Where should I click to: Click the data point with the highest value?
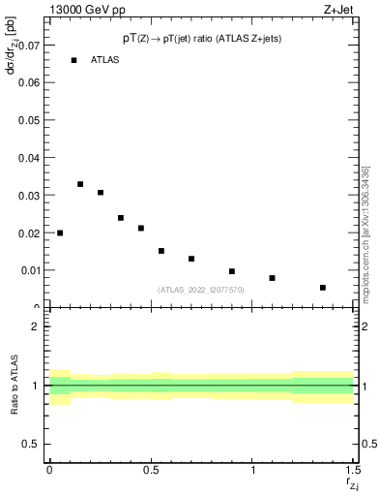pyautogui.click(x=80, y=184)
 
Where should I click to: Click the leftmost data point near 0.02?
pyautogui.click(x=60, y=232)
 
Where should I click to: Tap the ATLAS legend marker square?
pyautogui.click(x=73, y=60)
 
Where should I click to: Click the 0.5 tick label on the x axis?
pyautogui.click(x=151, y=470)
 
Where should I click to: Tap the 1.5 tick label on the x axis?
pyautogui.click(x=354, y=470)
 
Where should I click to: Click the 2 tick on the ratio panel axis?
pyautogui.click(x=35, y=326)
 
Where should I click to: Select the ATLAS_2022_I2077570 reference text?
pyautogui.click(x=201, y=290)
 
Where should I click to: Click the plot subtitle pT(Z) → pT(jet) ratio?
pyautogui.click(x=201, y=38)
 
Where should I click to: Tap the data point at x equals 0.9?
pyautogui.click(x=232, y=271)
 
